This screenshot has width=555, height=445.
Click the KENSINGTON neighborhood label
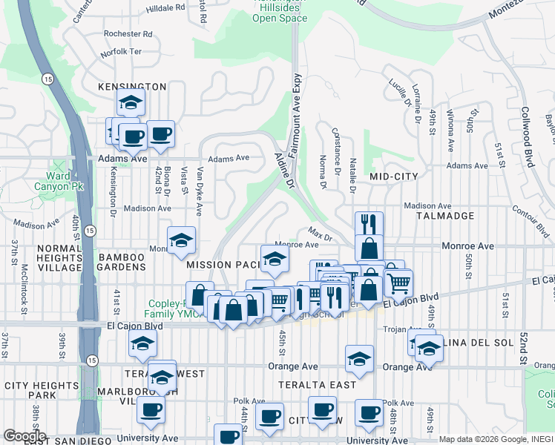(132, 87)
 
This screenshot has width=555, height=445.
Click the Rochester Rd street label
(128, 34)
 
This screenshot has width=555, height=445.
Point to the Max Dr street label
(320, 237)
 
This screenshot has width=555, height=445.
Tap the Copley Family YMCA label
(160, 309)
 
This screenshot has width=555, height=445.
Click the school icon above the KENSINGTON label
(131, 103)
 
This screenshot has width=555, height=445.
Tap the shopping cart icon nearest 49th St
(398, 283)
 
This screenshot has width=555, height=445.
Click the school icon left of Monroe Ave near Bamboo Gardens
(180, 240)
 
